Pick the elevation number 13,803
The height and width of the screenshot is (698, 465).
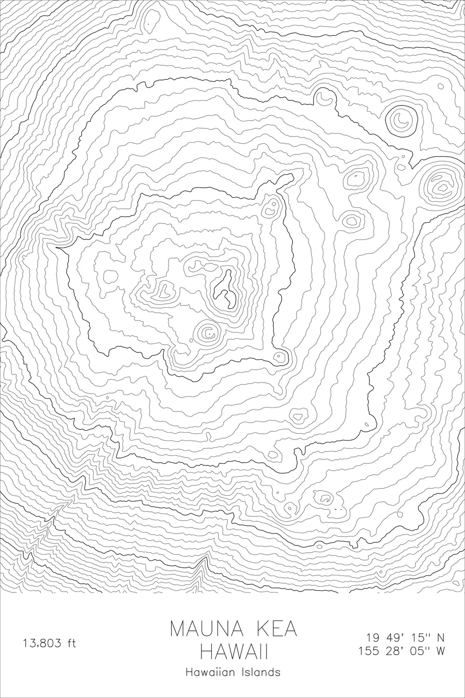pyautogui.click(x=42, y=644)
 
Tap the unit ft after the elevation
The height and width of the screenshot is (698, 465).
pyautogui.click(x=71, y=644)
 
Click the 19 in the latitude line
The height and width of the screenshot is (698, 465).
pyautogui.click(x=373, y=637)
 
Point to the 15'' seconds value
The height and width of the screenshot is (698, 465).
pyautogui.click(x=419, y=637)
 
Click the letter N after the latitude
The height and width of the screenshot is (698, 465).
pyautogui.click(x=441, y=637)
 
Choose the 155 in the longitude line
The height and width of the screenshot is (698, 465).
pyautogui.click(x=369, y=651)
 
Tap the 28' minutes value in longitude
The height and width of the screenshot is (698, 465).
pyautogui.click(x=395, y=651)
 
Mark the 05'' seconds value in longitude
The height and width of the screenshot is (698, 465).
pyautogui.click(x=419, y=651)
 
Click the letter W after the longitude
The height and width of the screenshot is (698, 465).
pyautogui.click(x=440, y=651)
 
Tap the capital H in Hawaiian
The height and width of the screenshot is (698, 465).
pyautogui.click(x=188, y=672)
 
